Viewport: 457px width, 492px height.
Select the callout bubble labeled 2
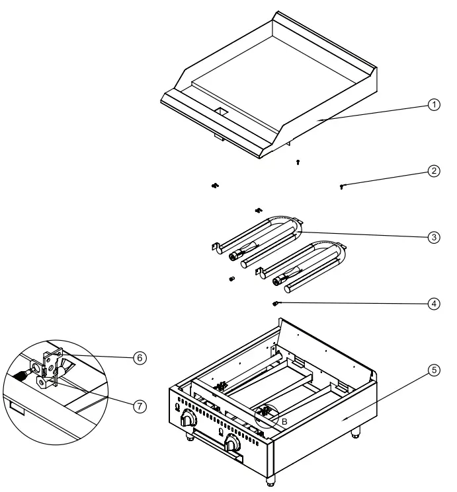click(434, 171)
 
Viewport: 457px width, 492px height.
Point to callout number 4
click(434, 304)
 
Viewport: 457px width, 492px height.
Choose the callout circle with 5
click(434, 370)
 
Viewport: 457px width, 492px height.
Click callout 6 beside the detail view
click(139, 357)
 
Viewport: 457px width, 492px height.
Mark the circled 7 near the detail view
click(139, 406)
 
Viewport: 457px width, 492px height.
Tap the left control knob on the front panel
click(190, 419)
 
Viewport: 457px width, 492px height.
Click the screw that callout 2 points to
click(342, 188)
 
